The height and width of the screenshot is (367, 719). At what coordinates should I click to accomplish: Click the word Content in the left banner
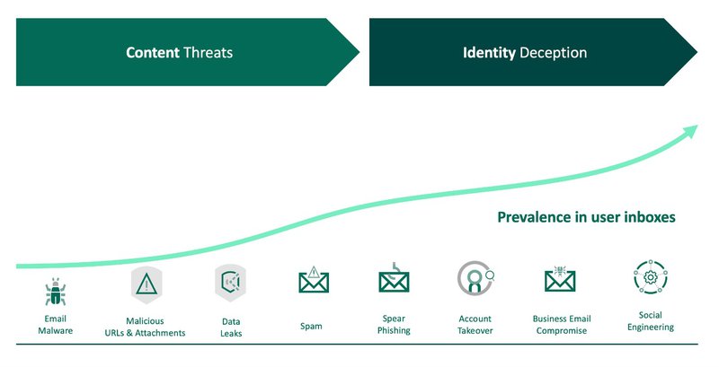[x=153, y=53]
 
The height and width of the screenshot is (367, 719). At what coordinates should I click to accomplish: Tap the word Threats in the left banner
[x=209, y=53]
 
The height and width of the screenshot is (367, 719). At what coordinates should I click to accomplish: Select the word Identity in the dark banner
[x=489, y=53]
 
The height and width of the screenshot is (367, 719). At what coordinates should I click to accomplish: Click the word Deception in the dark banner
[x=554, y=53]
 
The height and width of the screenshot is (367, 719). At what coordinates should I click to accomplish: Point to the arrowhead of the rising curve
[x=690, y=131]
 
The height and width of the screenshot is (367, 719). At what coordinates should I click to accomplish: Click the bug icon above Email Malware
[x=56, y=292]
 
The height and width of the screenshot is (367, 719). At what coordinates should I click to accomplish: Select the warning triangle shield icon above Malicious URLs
[x=146, y=284]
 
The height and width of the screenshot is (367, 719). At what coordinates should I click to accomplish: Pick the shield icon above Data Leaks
[x=230, y=283]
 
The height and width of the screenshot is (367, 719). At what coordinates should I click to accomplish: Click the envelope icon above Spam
[x=314, y=280]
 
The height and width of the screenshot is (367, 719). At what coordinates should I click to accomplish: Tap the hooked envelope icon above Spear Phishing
[x=394, y=278]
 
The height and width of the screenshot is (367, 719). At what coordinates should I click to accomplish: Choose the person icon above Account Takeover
[x=475, y=278]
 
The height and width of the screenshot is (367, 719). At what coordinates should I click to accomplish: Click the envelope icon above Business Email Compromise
[x=560, y=279]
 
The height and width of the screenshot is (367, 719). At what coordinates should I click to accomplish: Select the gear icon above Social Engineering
[x=650, y=277]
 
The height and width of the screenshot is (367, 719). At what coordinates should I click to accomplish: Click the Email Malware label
[x=56, y=325]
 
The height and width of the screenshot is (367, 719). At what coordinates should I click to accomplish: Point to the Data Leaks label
[x=231, y=328]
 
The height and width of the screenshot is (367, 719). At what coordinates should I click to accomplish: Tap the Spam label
[x=311, y=327]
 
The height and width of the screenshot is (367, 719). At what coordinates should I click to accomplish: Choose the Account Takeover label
[x=475, y=325]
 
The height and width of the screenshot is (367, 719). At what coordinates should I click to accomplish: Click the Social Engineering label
[x=651, y=321]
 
